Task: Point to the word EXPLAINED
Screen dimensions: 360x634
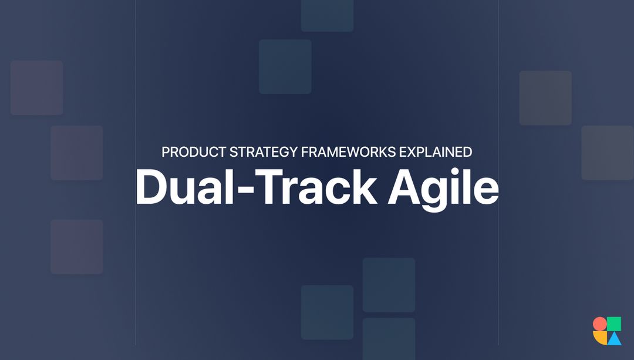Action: click(x=436, y=152)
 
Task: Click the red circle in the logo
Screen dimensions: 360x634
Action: click(x=599, y=324)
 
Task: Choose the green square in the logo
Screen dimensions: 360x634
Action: click(x=614, y=324)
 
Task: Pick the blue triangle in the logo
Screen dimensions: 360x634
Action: click(x=614, y=338)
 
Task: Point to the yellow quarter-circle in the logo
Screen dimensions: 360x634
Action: click(x=599, y=338)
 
